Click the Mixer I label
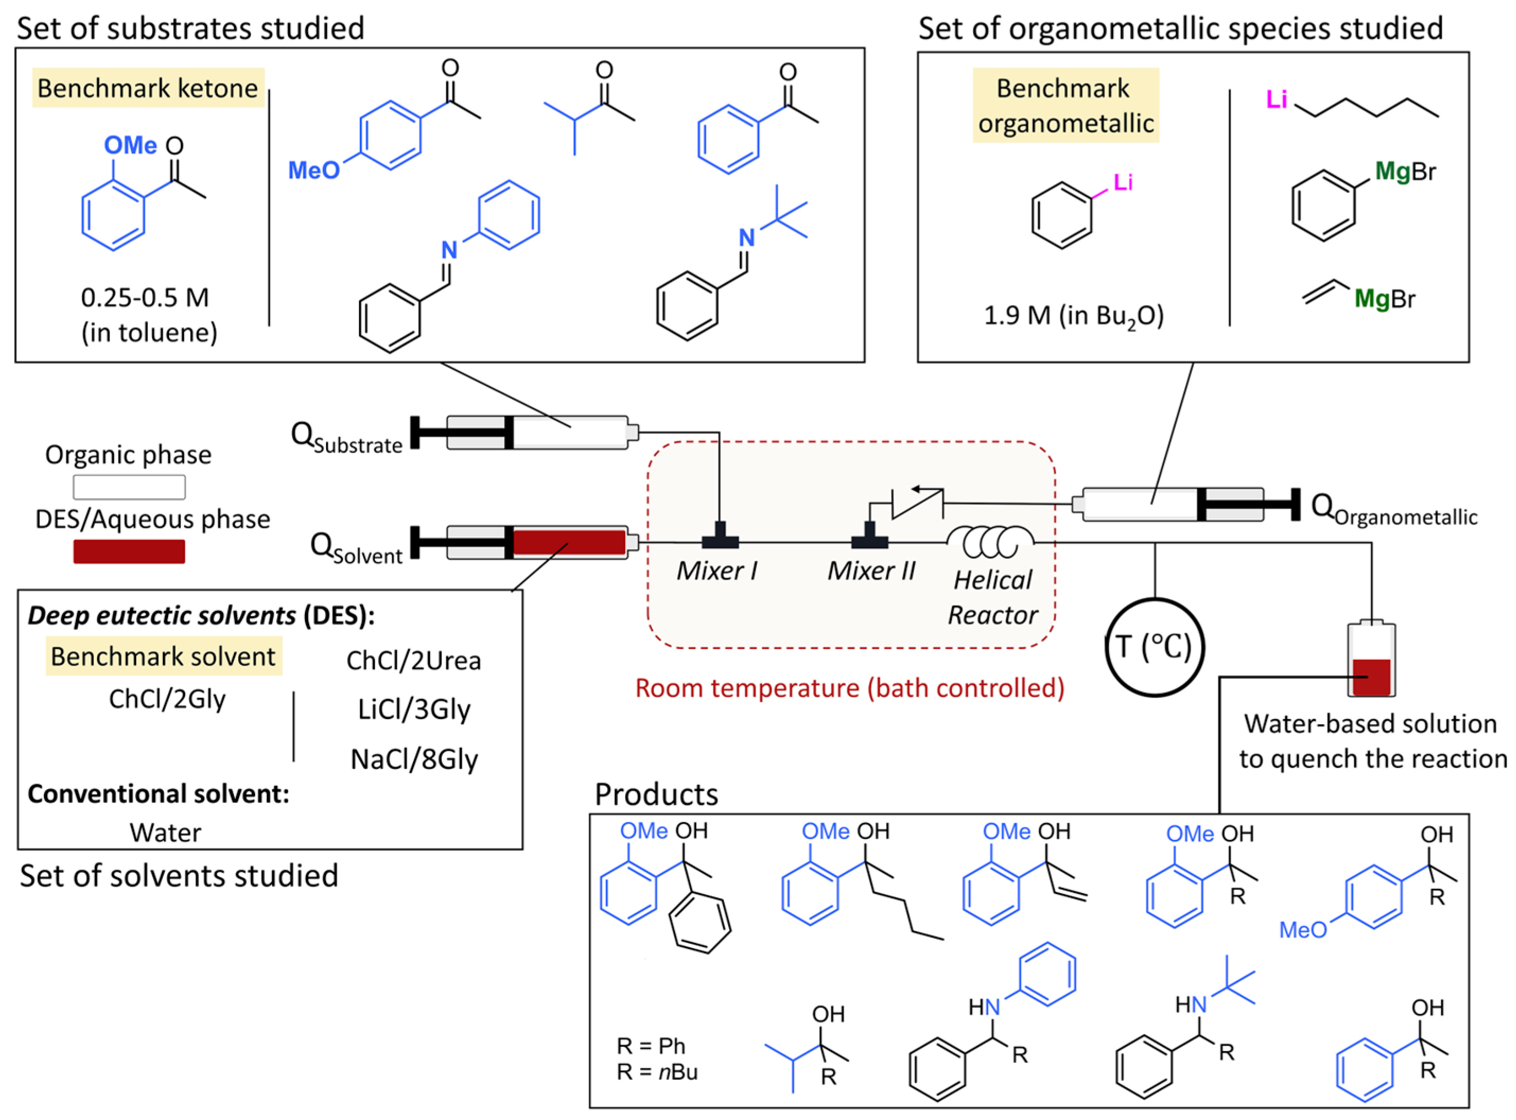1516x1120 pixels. (x=717, y=571)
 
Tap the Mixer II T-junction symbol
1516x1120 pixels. (x=869, y=537)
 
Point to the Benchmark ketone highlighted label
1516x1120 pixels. (x=148, y=88)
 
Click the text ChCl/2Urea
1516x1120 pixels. (x=414, y=660)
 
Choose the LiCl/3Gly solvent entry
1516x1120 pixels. (x=414, y=709)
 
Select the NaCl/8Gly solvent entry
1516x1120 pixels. (x=414, y=759)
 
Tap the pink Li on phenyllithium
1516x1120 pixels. (x=1123, y=182)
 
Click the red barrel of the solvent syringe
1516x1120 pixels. (x=568, y=543)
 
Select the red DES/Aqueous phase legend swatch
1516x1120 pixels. (x=129, y=551)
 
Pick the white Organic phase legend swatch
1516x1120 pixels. (x=129, y=487)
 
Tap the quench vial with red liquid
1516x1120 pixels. (x=1371, y=661)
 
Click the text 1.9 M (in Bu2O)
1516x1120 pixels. (x=1073, y=316)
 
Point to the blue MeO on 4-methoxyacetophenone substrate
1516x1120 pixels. (x=313, y=170)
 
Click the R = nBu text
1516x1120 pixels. (x=656, y=1072)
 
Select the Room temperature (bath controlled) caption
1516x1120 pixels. (x=849, y=688)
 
